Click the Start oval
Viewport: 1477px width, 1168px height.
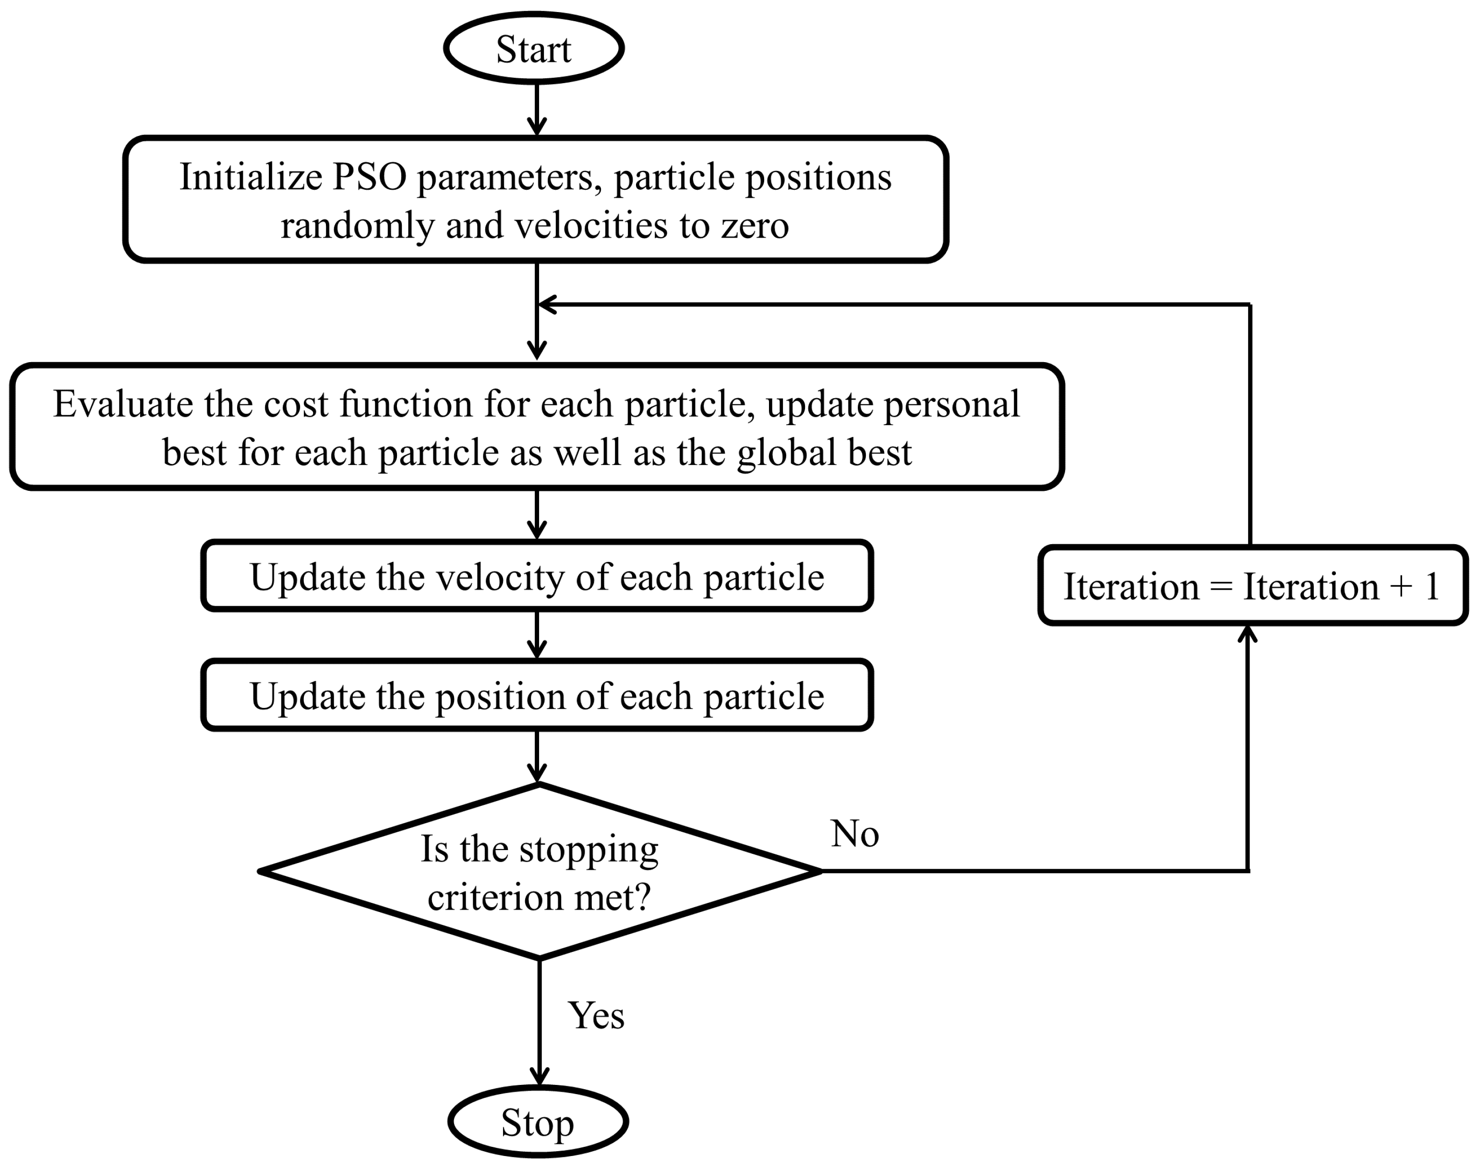534,49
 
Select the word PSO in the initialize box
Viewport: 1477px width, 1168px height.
369,177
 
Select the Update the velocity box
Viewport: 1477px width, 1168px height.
537,576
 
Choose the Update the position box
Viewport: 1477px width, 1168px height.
537,695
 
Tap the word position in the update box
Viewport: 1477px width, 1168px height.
500,697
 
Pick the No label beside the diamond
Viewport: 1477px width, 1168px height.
854,834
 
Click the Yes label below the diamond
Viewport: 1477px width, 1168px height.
596,1015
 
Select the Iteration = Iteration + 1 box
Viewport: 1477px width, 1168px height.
1253,586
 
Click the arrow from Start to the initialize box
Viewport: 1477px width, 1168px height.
537,109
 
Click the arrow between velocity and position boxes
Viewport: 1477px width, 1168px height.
537,634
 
